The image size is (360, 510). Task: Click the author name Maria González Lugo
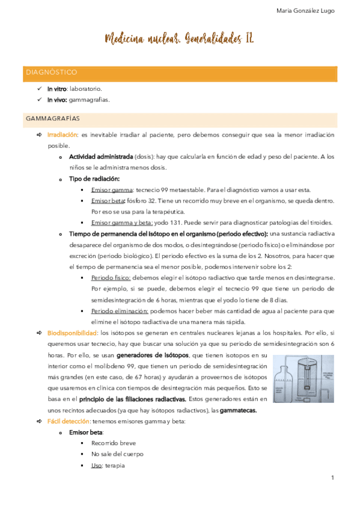click(x=305, y=10)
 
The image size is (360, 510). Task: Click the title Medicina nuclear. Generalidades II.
click(x=179, y=40)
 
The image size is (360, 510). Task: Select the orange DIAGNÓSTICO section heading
click(x=51, y=72)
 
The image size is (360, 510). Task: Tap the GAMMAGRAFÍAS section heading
click(x=53, y=118)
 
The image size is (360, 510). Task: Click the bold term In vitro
click(x=57, y=89)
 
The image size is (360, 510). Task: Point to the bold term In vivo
click(x=58, y=100)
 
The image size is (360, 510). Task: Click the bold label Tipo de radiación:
click(x=94, y=179)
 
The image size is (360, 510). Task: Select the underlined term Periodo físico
click(x=111, y=277)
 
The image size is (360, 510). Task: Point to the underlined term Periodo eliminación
click(x=120, y=310)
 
